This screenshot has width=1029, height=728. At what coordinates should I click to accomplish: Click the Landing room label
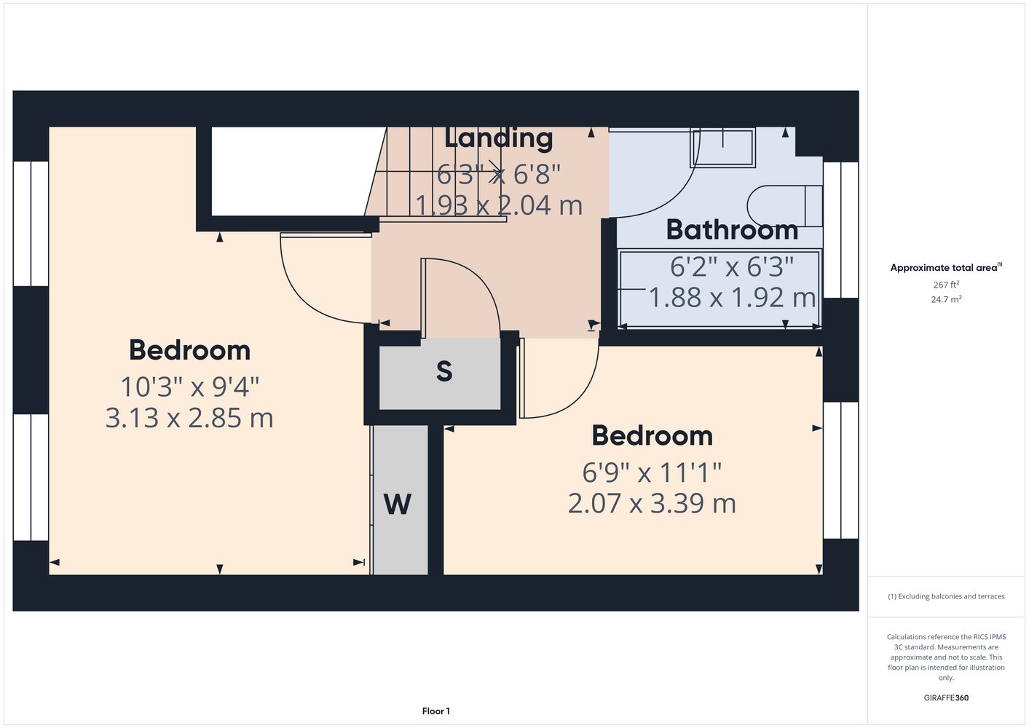(498, 139)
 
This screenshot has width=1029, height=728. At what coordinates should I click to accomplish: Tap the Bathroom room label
(733, 229)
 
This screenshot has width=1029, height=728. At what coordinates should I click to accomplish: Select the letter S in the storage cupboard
(444, 371)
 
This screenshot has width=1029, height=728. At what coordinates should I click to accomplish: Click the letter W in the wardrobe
(398, 505)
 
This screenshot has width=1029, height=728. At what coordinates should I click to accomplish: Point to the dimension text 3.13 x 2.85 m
(189, 418)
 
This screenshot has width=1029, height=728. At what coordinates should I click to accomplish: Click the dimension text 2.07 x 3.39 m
(652, 503)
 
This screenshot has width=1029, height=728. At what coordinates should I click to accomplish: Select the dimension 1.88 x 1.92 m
(733, 298)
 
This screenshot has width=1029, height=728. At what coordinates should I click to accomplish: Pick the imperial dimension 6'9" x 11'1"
(652, 472)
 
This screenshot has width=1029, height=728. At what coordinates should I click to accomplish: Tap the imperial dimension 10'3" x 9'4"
(190, 387)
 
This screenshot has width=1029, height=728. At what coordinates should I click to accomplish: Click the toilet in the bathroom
(784, 206)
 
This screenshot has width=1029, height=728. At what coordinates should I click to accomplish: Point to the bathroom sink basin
(723, 148)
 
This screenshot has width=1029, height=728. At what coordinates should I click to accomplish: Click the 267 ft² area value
(946, 285)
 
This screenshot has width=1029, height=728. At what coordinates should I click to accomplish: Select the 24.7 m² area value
(946, 299)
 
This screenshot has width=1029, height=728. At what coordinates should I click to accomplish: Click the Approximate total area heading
(946, 267)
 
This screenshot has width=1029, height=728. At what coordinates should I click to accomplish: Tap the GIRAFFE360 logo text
(946, 697)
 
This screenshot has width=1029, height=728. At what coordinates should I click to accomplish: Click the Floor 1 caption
(436, 711)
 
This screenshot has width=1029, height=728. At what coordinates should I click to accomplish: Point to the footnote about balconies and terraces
(946, 596)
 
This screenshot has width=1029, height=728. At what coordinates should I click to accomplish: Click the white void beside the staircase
(294, 171)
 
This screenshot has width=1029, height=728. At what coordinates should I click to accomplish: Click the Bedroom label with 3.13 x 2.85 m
(190, 350)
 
